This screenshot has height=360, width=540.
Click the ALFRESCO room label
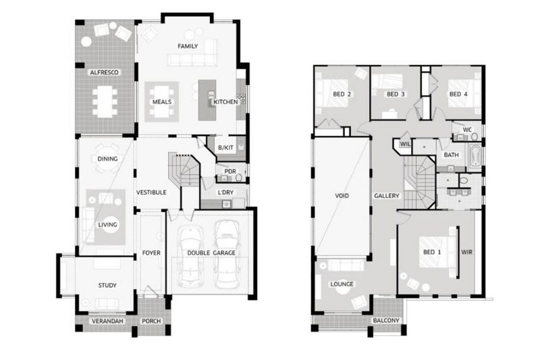pos(104,72)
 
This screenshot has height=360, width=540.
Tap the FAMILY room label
pos(188,46)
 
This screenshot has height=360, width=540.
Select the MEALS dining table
pos(162,101)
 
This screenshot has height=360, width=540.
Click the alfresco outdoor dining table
pos(105,101)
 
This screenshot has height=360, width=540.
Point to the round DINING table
pos(107,159)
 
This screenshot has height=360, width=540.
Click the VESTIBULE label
pos(151,192)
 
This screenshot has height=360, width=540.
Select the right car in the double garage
pos(227,254)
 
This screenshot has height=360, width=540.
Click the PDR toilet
pos(238,177)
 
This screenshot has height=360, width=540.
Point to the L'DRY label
pos(225,192)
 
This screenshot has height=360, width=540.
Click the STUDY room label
pos(107,285)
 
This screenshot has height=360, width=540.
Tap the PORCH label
pos(151,321)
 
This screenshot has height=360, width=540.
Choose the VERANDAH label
pos(107,321)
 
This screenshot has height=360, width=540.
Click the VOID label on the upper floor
pos(342,196)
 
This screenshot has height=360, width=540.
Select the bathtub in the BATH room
pos(475,157)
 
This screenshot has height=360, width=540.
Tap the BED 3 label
pos(396,94)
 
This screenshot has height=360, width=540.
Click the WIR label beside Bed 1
pos(466,252)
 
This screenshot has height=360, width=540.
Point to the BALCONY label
pos(386,320)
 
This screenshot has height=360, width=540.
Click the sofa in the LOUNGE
pos(346,265)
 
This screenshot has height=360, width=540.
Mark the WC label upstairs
pos(467,130)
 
